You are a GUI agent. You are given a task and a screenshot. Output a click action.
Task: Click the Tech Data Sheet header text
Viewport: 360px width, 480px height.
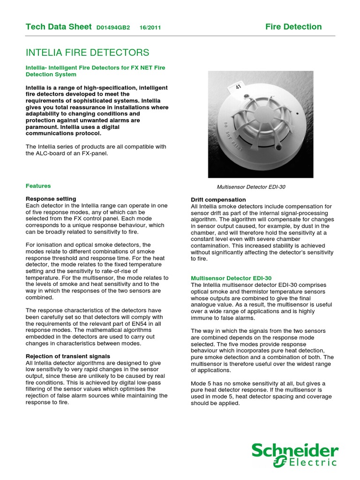pyautogui.click(x=59, y=27)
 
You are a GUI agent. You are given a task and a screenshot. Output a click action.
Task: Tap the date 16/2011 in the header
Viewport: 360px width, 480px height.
pyautogui.click(x=150, y=28)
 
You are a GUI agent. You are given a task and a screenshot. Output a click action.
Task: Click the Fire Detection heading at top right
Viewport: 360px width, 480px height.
pyautogui.click(x=293, y=27)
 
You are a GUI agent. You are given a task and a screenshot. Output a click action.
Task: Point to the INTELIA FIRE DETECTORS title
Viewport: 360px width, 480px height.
pyautogui.click(x=87, y=52)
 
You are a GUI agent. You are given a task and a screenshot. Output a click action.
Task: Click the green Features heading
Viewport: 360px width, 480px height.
pyautogui.click(x=38, y=186)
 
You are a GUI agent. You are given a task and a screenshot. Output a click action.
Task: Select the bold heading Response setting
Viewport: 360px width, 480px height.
pyautogui.click(x=51, y=199)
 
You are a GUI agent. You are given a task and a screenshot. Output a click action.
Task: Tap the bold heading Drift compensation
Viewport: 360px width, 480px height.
pyautogui.click(x=218, y=200)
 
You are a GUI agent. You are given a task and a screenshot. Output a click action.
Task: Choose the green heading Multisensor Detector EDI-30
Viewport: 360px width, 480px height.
pyautogui.click(x=231, y=278)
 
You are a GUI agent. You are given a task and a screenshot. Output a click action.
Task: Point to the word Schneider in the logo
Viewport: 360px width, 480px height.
pyautogui.click(x=294, y=451)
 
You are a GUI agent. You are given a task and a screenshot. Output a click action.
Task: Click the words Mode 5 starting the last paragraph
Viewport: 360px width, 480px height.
pyautogui.click(x=202, y=383)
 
